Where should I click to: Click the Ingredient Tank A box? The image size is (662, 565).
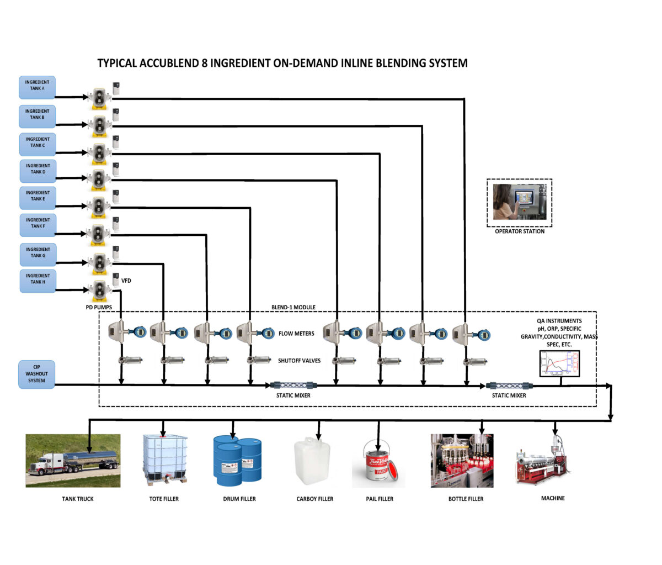pos(38,86)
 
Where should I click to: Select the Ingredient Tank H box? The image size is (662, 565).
pos(38,279)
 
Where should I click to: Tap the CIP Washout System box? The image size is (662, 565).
pos(36,374)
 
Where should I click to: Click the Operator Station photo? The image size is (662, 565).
pos(519,202)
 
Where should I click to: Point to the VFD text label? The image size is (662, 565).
pos(126,281)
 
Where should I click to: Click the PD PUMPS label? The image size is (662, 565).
pos(99,307)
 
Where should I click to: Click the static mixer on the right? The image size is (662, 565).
pos(509,386)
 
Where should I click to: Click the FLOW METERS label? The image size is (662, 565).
pos(296,334)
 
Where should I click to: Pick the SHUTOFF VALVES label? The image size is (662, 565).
pos(299,361)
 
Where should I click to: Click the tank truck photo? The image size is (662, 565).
pos(73,461)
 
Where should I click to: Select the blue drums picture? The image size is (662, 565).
pos(237,461)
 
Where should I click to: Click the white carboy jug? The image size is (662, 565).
pos(312,461)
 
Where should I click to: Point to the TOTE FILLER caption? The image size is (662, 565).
pos(164,499)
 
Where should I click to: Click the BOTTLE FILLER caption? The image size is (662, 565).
pos(466,499)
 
